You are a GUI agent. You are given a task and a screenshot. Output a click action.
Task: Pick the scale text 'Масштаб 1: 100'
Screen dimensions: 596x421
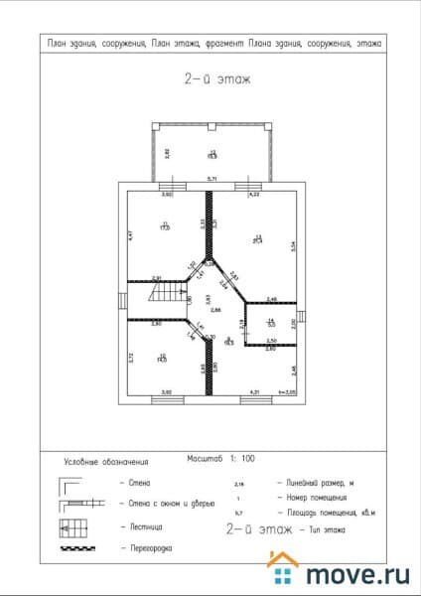pyautogui.click(x=220, y=459)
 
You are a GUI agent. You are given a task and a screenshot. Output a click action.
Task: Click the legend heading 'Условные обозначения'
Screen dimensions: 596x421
pyautogui.click(x=106, y=462)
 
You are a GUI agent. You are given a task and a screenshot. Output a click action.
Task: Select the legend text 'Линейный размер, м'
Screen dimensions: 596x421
pyautogui.click(x=323, y=481)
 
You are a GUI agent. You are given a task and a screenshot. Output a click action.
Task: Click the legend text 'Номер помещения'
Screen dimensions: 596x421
pyautogui.click(x=317, y=497)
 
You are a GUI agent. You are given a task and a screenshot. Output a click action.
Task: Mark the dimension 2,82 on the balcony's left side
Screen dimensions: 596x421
pyautogui.click(x=167, y=152)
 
